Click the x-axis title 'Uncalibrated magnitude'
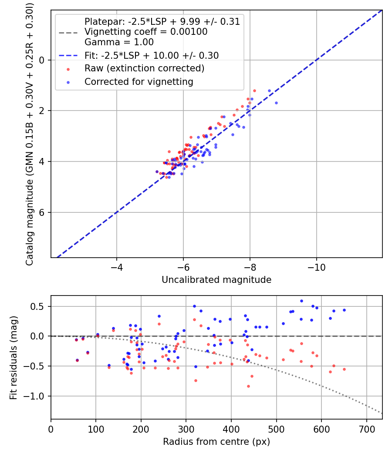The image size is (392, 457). (x=216, y=280)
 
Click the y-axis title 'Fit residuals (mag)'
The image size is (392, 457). (x=14, y=357)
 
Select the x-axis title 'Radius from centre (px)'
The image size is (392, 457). (x=216, y=442)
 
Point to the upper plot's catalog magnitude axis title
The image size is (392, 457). (x=30, y=133)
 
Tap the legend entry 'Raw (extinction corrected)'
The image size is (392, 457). (x=144, y=68)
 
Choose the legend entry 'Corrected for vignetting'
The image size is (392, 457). (x=139, y=81)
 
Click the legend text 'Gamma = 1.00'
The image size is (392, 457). (x=119, y=42)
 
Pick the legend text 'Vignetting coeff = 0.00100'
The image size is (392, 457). (x=146, y=32)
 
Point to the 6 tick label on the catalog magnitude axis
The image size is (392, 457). (x=42, y=212)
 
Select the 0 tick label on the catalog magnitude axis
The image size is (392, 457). (x=42, y=60)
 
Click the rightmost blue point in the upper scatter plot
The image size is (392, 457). (x=276, y=103)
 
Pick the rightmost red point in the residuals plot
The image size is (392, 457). (x=344, y=369)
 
